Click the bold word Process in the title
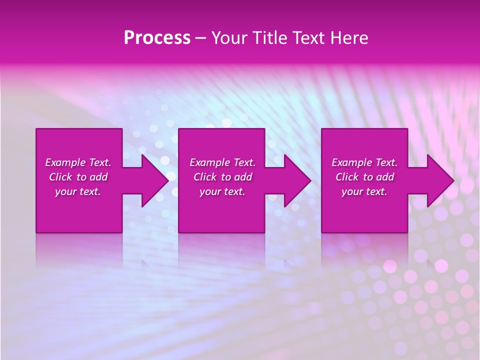(x=157, y=38)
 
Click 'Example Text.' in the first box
(x=78, y=162)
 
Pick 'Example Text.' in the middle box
(x=222, y=162)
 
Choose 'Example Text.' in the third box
(x=364, y=162)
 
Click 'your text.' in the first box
(x=78, y=191)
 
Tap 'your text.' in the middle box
(x=222, y=191)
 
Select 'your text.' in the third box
(x=364, y=191)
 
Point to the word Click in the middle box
(x=205, y=177)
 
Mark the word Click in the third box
(x=347, y=177)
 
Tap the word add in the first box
(x=98, y=177)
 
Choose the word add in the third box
(x=385, y=177)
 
